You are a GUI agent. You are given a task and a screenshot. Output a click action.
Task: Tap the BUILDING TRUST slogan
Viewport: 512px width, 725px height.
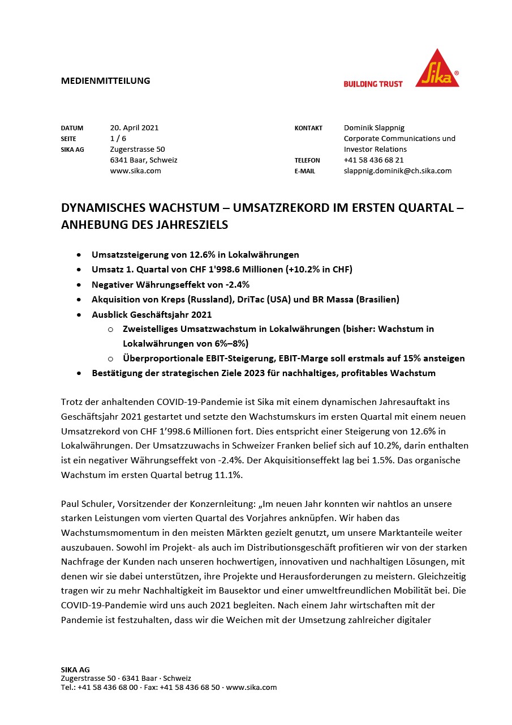pos(373,84)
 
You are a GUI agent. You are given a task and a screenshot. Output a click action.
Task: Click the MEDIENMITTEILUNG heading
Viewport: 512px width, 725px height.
pos(105,80)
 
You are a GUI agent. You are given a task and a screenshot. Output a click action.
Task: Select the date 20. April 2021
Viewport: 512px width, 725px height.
pos(134,127)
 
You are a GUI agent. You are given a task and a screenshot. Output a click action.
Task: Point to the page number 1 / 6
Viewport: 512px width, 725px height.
pos(118,138)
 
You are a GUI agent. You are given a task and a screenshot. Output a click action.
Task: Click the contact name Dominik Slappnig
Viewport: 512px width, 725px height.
pos(374,127)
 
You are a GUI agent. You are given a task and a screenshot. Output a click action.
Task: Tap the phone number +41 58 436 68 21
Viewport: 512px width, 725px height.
pos(373,160)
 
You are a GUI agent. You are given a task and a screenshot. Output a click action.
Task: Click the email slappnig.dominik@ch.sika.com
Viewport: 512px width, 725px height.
pos(397,170)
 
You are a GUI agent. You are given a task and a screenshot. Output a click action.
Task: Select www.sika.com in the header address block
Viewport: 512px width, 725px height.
pos(135,170)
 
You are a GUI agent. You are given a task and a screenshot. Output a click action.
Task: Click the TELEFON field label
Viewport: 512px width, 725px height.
pos(307,160)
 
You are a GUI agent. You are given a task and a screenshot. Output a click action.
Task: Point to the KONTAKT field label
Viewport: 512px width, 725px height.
pos(308,128)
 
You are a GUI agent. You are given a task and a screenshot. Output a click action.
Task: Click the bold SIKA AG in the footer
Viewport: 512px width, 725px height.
pos(75,669)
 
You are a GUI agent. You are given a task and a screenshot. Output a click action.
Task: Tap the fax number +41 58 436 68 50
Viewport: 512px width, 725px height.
pos(190,687)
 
